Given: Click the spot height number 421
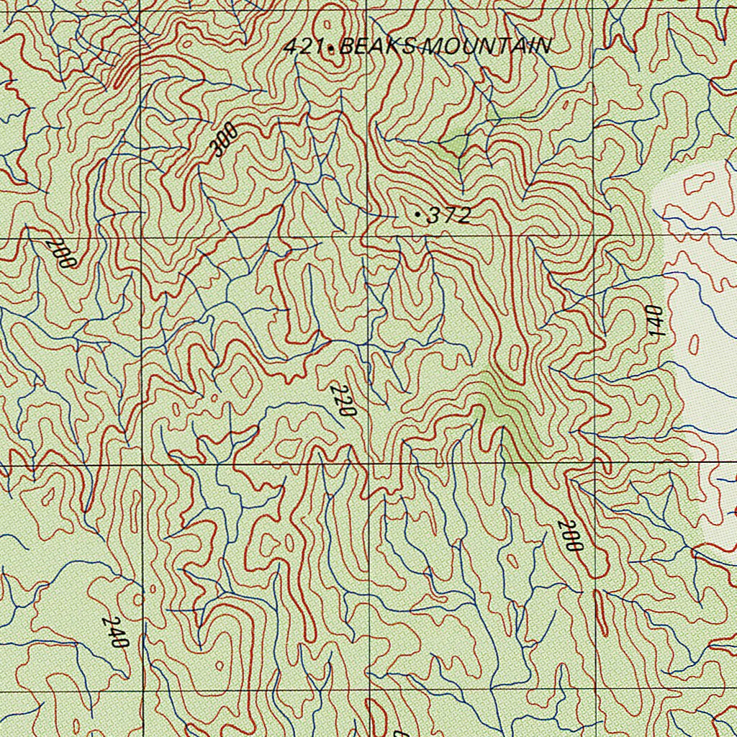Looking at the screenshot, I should [x=302, y=48].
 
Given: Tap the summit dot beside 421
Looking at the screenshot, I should [x=330, y=49].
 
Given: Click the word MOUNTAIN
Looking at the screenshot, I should [x=486, y=47].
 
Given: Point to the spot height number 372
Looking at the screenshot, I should [x=449, y=215].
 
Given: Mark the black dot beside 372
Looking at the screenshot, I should [x=419, y=214].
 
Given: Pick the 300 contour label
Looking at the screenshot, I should [x=225, y=140].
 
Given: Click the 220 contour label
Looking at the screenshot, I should [x=343, y=401].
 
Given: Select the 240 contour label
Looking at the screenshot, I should [x=115, y=632].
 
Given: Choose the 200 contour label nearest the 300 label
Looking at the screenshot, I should [x=60, y=253].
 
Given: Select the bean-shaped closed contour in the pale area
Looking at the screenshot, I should [x=698, y=184].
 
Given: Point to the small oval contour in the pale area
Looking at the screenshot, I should [x=694, y=345].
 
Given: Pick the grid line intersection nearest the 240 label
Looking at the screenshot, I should [x=143, y=691].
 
